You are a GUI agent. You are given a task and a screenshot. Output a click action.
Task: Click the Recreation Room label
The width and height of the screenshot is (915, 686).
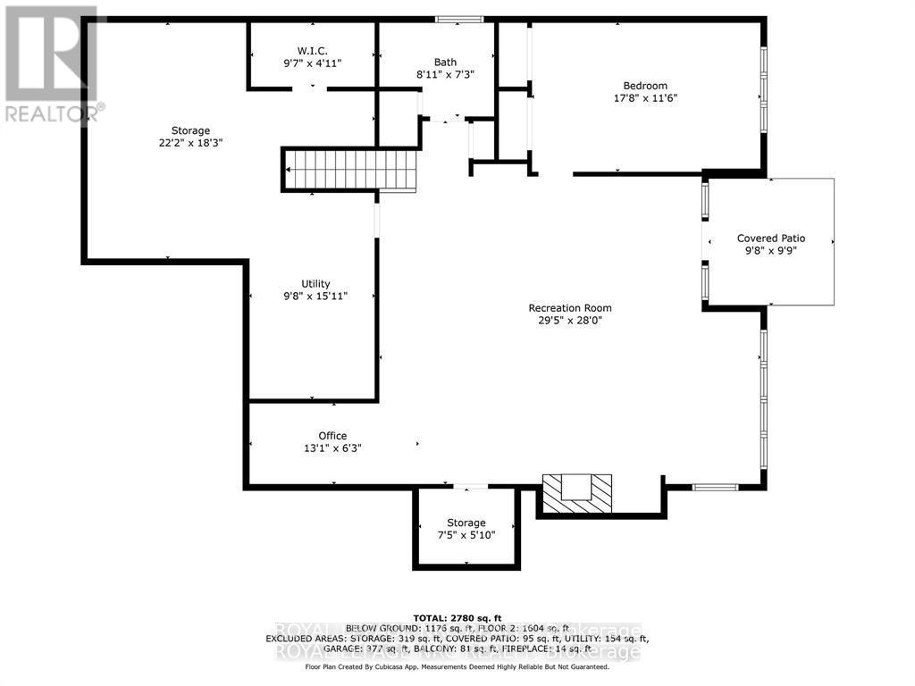pyautogui.click(x=569, y=308)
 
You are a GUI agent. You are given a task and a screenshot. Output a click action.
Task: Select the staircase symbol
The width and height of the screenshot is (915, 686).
pyautogui.click(x=351, y=170)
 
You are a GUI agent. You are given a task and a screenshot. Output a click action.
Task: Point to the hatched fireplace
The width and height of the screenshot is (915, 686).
pyautogui.click(x=579, y=493)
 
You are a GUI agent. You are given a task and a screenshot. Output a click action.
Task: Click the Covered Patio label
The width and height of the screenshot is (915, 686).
pyautogui.click(x=770, y=238)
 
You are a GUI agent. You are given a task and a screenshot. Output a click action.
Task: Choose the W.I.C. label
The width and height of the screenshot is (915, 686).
pyautogui.click(x=312, y=50)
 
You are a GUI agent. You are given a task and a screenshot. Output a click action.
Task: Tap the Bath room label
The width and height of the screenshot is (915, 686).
pyautogui.click(x=445, y=63)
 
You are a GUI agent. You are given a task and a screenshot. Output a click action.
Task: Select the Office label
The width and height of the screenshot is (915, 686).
pyautogui.click(x=332, y=436)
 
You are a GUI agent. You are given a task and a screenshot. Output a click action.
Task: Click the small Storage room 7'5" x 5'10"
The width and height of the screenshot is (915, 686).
pyautogui.click(x=466, y=529)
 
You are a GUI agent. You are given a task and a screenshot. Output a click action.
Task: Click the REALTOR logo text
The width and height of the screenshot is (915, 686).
pyautogui.click(x=54, y=113)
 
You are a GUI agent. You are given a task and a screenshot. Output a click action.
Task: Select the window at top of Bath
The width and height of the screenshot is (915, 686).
pyautogui.click(x=458, y=19)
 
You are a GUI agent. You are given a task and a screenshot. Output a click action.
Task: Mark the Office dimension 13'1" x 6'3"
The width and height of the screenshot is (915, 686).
pyautogui.click(x=332, y=448)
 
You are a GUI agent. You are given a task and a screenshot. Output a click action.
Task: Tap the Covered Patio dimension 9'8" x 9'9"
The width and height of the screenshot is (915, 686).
pyautogui.click(x=770, y=251)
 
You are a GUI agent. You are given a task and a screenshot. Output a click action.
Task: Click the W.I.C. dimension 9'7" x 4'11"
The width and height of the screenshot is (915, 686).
pyautogui.click(x=312, y=63)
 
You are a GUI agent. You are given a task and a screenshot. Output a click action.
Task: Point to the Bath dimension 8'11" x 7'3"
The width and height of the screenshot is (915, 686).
pyautogui.click(x=445, y=75)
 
